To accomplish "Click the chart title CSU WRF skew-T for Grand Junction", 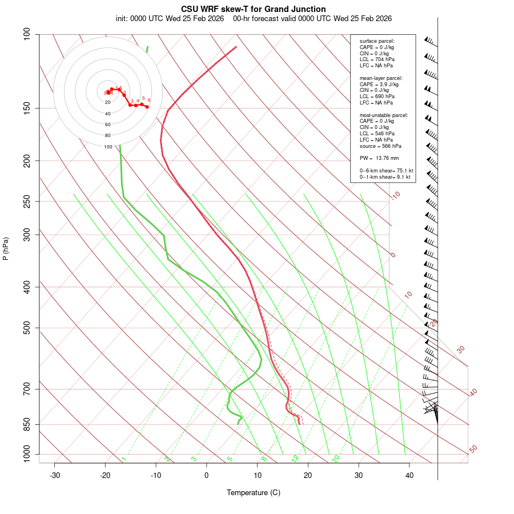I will click(x=253, y=9).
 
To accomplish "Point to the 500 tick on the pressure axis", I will click(x=27, y=328).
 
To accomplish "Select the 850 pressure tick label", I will click(x=27, y=424).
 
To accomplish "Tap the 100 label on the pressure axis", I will click(x=27, y=34).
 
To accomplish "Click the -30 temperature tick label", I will click(x=55, y=475).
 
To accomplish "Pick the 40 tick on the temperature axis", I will click(x=409, y=475).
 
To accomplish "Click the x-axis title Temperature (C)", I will click(x=253, y=492).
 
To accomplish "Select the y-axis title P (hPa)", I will click(x=6, y=248).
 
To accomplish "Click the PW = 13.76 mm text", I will click(x=379, y=158).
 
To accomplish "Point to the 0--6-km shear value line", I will click(x=386, y=170).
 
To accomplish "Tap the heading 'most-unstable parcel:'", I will click(x=384, y=115).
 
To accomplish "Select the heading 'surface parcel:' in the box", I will click(x=377, y=41).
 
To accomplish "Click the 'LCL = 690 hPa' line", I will click(x=376, y=97).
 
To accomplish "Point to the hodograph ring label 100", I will click(x=108, y=147).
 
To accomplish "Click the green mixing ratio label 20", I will click(x=336, y=458).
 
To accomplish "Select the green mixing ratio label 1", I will click(x=123, y=459).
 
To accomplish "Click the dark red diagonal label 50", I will click(x=473, y=449).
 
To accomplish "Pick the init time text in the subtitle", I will click(x=171, y=18).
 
